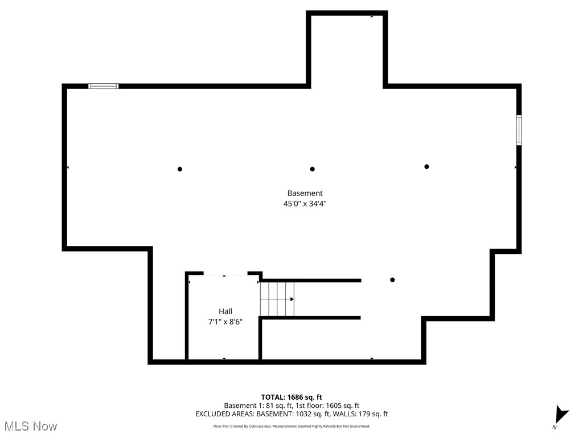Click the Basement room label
click(305, 193)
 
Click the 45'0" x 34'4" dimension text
click(305, 203)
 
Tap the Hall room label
click(225, 311)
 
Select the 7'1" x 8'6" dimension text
click(225, 321)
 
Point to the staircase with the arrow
click(277, 299)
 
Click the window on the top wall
click(104, 86)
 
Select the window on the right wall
click(519, 130)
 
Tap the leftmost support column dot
click(180, 169)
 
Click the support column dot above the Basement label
click(312, 169)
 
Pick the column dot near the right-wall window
click(426, 167)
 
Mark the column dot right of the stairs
click(392, 280)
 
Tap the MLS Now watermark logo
click(31, 426)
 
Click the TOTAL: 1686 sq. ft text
click(291, 397)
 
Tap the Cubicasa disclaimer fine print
click(291, 426)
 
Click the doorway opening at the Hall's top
click(224, 275)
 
